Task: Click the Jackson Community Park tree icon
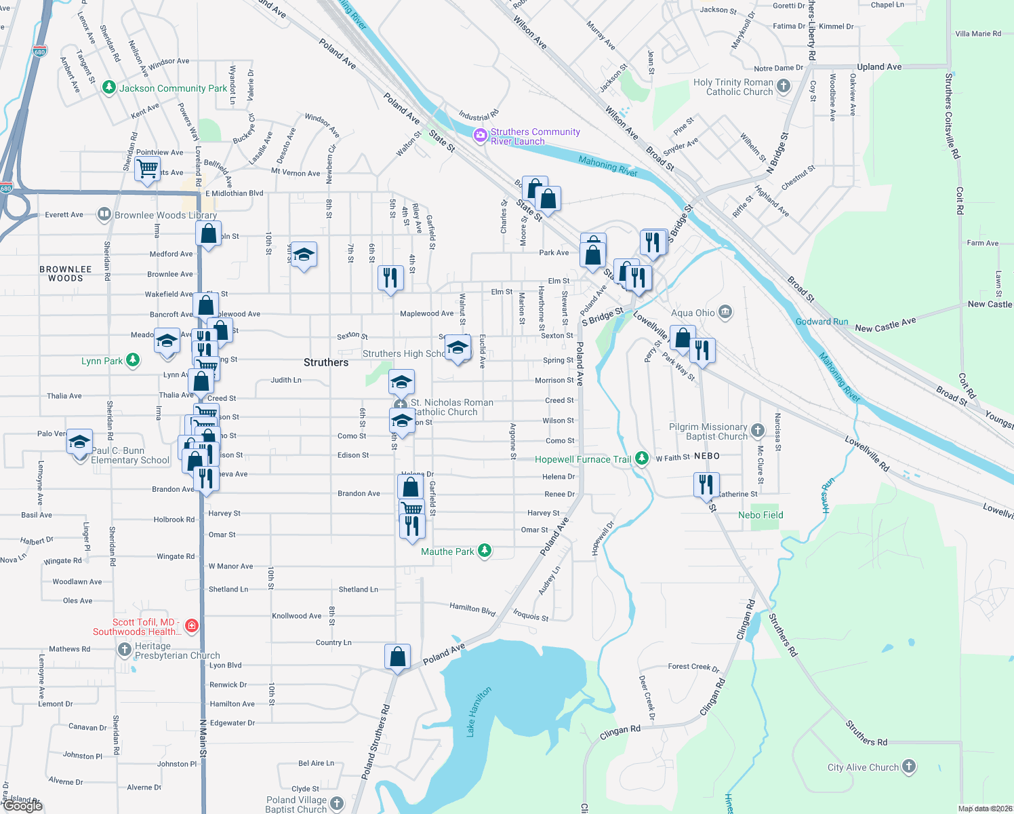108,88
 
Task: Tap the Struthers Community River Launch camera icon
481,136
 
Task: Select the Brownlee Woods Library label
165,215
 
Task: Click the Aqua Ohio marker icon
725,312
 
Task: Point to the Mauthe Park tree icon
484,551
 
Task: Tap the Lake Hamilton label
478,711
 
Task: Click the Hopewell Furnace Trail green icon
641,459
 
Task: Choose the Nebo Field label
760,515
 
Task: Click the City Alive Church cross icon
908,767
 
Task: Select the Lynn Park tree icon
133,360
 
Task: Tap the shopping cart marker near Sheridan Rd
147,167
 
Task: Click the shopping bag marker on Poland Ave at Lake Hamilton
397,656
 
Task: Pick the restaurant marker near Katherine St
706,484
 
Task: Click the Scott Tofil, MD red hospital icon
192,626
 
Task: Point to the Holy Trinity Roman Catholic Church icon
784,86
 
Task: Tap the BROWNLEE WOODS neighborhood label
66,273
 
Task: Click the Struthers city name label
326,362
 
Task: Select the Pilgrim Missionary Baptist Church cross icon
757,431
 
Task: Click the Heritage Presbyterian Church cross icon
124,650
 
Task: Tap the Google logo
23,805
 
